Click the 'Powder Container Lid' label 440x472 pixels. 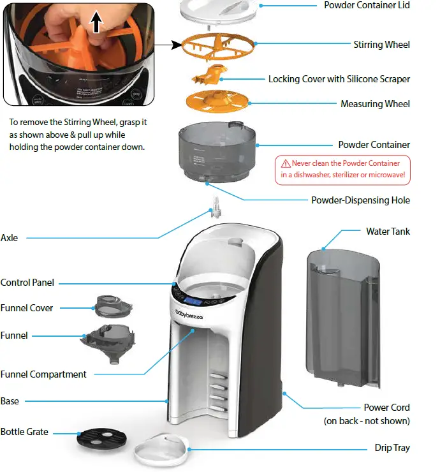pyautogui.click(x=367, y=6)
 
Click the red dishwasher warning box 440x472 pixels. pyautogui.click(x=342, y=169)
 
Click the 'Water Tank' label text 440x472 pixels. pyautogui.click(x=388, y=232)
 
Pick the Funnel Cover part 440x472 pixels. pyautogui.click(x=114, y=305)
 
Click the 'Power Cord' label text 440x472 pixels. pyautogui.click(x=386, y=408)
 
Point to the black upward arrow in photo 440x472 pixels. pyautogui.click(x=96, y=24)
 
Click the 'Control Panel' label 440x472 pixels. pyautogui.click(x=27, y=283)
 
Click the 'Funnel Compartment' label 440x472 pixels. pyautogui.click(x=43, y=374)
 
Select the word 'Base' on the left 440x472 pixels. pyautogui.click(x=10, y=401)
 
